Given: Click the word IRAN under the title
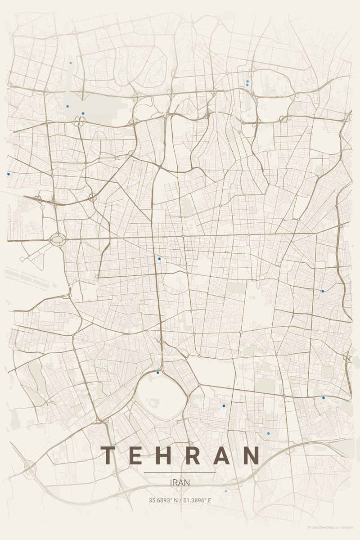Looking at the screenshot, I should (180, 482).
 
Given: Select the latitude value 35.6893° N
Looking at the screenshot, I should (163, 500).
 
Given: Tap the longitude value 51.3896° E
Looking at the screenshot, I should (197, 500).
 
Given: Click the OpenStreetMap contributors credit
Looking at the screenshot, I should (330, 527).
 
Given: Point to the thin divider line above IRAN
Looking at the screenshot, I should (180, 472).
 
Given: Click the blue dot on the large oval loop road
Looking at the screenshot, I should (158, 373).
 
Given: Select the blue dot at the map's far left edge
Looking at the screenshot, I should (9, 174).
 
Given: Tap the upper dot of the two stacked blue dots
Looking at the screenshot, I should (247, 81).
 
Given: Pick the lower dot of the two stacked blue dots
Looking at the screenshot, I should (247, 85).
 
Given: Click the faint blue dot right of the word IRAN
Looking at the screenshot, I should (226, 491).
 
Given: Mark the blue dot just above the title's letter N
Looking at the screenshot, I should (268, 433).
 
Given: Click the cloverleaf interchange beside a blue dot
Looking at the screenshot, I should (80, 121).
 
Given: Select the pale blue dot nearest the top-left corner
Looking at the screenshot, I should (71, 63).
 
